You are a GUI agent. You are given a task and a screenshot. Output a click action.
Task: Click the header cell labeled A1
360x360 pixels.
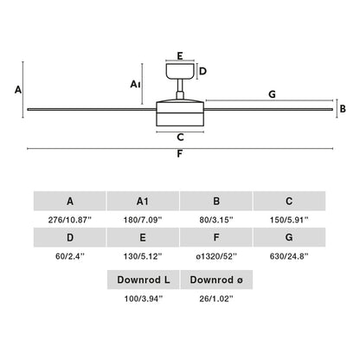tap(143, 201)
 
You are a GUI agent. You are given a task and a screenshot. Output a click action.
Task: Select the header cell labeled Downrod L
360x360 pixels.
tap(143, 280)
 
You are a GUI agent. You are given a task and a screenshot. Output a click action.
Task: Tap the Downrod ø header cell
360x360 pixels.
tap(216, 280)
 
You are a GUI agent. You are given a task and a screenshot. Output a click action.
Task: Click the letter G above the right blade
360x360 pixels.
tap(272, 93)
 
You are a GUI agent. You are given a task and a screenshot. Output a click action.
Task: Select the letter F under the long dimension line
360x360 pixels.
tap(179, 156)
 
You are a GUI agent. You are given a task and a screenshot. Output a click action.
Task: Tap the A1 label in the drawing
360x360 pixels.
tap(134, 84)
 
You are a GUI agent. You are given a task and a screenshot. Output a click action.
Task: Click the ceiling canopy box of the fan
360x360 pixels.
tap(180, 72)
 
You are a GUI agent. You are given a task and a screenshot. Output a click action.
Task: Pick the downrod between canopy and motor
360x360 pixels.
tap(180, 90)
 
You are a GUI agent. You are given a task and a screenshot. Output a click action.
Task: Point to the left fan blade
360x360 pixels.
tap(91, 108)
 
